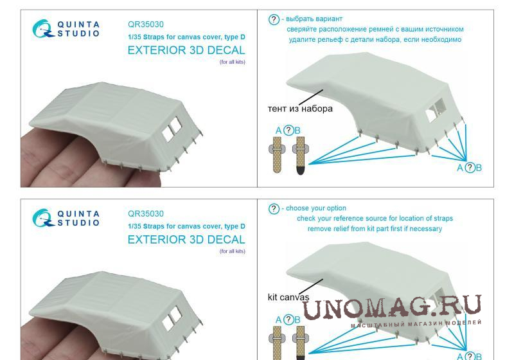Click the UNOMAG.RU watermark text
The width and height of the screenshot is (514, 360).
(x=392, y=307)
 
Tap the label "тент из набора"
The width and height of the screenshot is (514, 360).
(x=300, y=109)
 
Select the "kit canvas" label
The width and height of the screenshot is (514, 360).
(x=288, y=297)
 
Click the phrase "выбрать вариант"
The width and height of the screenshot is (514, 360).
(x=314, y=19)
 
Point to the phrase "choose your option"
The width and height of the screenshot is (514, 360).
(x=316, y=208)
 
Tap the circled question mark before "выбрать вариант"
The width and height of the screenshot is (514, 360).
(x=274, y=19)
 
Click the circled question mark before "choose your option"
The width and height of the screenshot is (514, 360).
(x=274, y=208)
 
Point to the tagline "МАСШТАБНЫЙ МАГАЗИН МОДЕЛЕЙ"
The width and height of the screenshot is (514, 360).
(x=416, y=323)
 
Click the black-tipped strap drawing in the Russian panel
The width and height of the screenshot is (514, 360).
(x=299, y=156)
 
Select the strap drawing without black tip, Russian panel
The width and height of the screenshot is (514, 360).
(x=277, y=154)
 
